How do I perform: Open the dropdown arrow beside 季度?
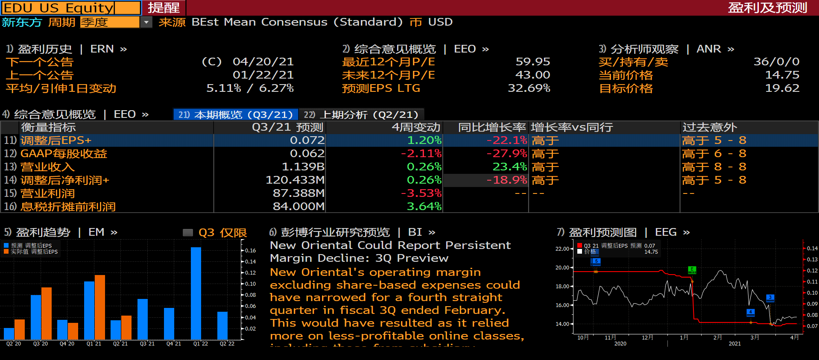pos(146,22)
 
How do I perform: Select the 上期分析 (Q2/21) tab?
pos(361,114)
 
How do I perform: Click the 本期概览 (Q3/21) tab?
pos(236,114)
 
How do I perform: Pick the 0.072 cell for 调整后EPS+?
pos(307,140)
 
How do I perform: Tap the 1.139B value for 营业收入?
pos(303,167)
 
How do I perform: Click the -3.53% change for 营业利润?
pos(421,193)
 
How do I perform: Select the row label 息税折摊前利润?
pos(68,207)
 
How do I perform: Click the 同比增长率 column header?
pos(491,127)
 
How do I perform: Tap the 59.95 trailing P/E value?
pos(532,62)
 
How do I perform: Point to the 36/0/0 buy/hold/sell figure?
pos(776,62)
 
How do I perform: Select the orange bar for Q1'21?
pos(100,307)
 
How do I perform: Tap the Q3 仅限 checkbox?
pos(188,233)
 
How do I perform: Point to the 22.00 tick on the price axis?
pos(562,249)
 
